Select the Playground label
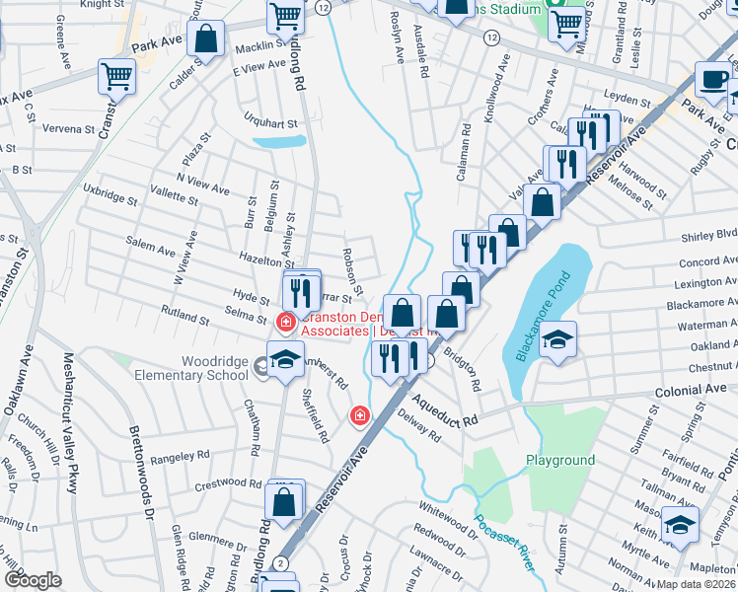pos(559,461)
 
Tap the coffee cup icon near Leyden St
pos(713,79)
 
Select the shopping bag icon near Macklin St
pos(207,40)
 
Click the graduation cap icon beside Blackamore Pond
pos(557,340)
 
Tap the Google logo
pos(33,580)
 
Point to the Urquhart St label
pos(270,122)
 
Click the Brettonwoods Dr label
pos(140,474)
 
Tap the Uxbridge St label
pos(110,193)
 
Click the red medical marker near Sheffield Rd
pos(359,416)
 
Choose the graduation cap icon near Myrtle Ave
pos(680,523)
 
